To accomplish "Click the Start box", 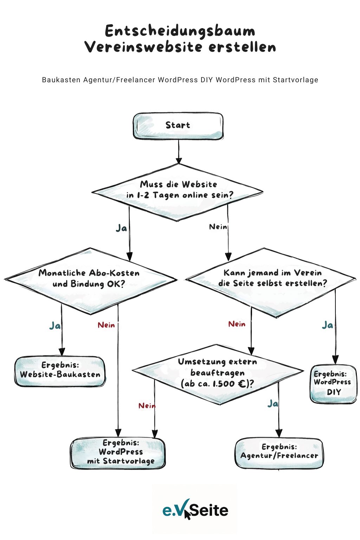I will click(x=178, y=126).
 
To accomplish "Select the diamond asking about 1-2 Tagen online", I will click(x=178, y=192).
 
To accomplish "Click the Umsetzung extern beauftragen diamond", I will click(x=218, y=373).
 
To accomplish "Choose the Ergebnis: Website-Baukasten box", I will click(x=60, y=371).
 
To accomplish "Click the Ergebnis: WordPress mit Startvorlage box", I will click(x=118, y=453).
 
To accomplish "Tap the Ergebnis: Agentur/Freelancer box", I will click(x=279, y=453).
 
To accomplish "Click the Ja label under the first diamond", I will click(x=121, y=228).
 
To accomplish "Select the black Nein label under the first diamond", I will click(x=218, y=227).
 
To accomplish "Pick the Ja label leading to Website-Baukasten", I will click(x=55, y=326).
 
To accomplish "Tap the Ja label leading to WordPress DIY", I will click(x=327, y=325).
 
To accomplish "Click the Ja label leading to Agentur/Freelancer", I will click(x=272, y=404).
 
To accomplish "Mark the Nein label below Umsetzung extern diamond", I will click(x=147, y=406).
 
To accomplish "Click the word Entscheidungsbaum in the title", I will click(x=180, y=31).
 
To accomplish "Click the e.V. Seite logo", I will click(x=195, y=510).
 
